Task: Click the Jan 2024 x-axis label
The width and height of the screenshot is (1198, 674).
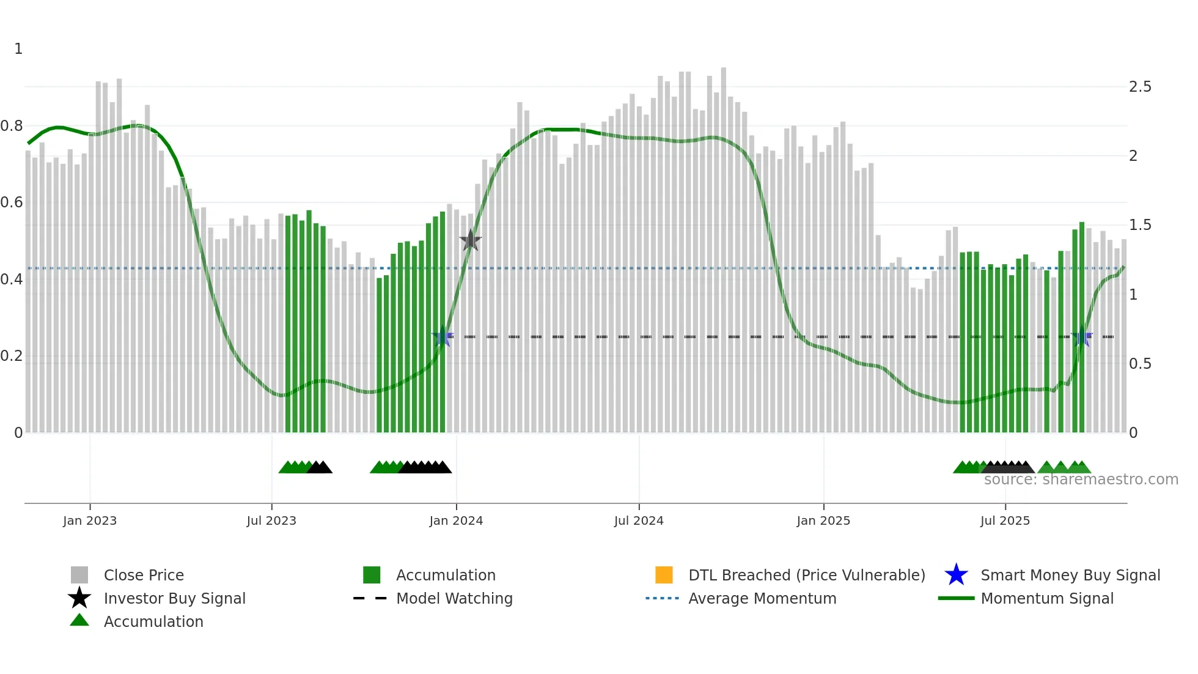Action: [456, 520]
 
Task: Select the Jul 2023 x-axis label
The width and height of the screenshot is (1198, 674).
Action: [271, 520]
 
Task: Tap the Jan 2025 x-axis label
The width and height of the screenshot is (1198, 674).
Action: [823, 520]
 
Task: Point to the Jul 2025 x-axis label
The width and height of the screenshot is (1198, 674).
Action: [1005, 520]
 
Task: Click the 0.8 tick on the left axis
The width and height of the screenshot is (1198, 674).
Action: [12, 126]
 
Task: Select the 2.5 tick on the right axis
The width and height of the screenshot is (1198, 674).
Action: [1140, 87]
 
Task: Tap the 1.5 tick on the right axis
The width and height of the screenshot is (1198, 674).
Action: [1140, 225]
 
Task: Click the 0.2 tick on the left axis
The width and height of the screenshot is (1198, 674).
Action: [12, 356]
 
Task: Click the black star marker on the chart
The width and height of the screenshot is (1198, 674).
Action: [471, 240]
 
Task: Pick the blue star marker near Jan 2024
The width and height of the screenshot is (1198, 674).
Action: [443, 337]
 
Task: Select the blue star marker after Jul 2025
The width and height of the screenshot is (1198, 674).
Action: [1082, 337]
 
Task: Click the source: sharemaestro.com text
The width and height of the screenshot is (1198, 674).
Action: [1081, 480]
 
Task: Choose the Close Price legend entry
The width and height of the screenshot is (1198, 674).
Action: [144, 575]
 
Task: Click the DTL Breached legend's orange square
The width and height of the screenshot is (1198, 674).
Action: [664, 575]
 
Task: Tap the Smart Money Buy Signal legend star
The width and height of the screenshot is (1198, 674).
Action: [956, 575]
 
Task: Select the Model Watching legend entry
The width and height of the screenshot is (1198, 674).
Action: [454, 598]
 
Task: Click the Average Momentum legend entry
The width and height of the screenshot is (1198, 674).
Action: [762, 598]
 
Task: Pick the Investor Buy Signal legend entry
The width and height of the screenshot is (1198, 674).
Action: [174, 598]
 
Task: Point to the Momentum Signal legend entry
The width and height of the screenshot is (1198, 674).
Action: [1046, 598]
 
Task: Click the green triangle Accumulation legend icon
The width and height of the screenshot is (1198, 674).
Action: [79, 621]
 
